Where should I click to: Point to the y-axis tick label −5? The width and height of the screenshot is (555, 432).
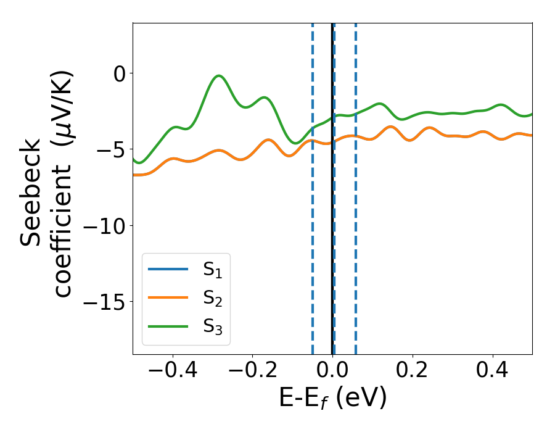coord(111,149)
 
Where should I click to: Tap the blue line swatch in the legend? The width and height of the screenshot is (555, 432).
coord(168,269)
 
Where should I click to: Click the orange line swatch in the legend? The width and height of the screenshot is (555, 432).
coord(168,297)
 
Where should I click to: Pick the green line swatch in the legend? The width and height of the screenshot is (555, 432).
coord(168,326)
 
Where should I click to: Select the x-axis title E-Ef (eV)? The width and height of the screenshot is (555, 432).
coord(332,399)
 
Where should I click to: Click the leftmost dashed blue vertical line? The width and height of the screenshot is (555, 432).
coord(313,185)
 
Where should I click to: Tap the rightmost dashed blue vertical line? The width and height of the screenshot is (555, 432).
coord(356,185)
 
